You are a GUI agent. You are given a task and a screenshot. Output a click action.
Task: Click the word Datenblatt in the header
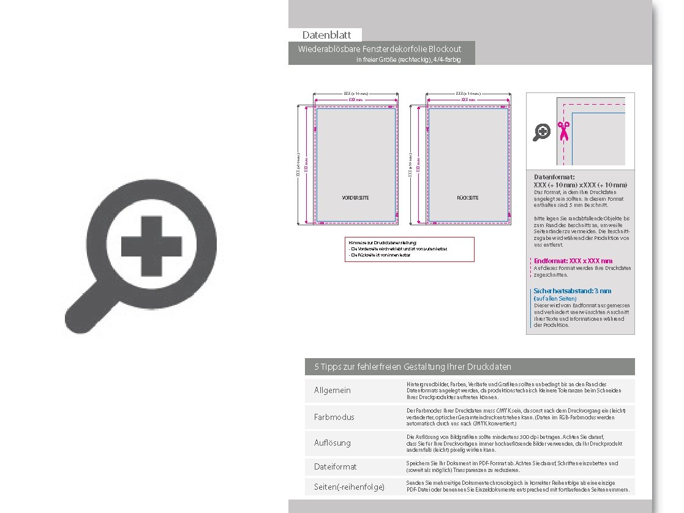click(325, 35)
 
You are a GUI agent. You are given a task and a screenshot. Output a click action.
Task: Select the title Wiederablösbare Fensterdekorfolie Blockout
click(380, 48)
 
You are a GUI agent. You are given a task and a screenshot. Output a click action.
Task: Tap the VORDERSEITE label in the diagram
click(355, 198)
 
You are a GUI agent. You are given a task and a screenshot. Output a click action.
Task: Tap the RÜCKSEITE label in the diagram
click(468, 198)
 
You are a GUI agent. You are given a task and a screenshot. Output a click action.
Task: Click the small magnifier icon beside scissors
click(541, 132)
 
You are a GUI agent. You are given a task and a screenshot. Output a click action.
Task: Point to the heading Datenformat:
click(554, 177)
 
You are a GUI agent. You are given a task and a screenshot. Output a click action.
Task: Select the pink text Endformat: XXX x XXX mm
click(573, 261)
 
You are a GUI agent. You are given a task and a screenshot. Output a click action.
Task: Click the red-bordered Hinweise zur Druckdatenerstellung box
click(409, 249)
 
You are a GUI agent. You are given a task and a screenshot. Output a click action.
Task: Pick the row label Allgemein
click(333, 391)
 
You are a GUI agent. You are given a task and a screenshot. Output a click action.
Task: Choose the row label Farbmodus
click(334, 417)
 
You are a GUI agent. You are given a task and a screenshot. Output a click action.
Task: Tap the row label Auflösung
click(333, 443)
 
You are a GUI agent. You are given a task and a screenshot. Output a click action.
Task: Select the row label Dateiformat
click(335, 466)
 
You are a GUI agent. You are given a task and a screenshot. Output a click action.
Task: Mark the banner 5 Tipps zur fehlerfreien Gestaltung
click(413, 367)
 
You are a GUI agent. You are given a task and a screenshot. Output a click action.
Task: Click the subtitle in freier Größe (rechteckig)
click(408, 60)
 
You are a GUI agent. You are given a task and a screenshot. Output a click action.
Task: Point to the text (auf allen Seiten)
click(555, 298)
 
